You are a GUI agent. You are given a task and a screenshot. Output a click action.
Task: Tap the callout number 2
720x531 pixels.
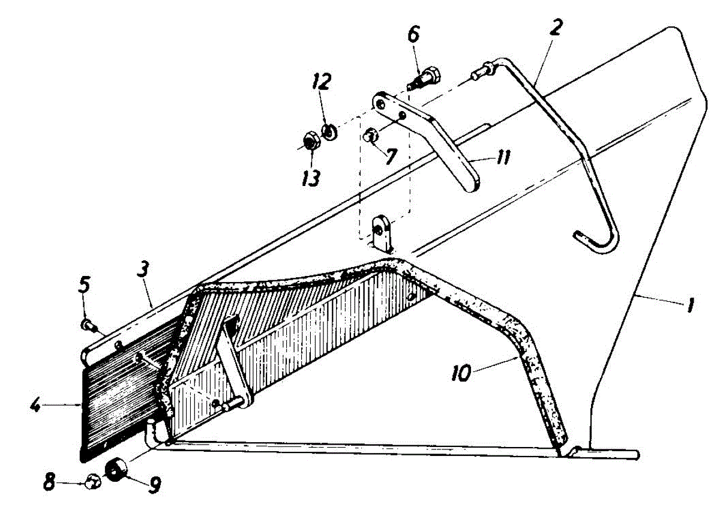pyautogui.click(x=556, y=28)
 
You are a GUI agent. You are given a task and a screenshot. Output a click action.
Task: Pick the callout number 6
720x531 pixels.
pyautogui.click(x=413, y=34)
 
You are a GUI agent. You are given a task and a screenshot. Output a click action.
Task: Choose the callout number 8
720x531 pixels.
pyautogui.click(x=49, y=481)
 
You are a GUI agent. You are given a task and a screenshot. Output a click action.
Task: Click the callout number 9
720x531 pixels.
pyautogui.click(x=154, y=484)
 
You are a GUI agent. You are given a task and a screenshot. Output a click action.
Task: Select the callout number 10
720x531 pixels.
pyautogui.click(x=461, y=374)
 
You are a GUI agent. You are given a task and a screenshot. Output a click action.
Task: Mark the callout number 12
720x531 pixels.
pyautogui.click(x=322, y=82)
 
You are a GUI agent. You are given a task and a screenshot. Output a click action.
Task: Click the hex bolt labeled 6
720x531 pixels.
pyautogui.click(x=424, y=78)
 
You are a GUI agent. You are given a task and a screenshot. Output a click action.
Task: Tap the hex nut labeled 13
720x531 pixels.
pyautogui.click(x=311, y=142)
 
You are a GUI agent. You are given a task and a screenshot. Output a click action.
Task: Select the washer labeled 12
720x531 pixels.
pyautogui.click(x=329, y=132)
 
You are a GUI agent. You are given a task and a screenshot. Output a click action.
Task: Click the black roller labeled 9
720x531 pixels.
pyautogui.click(x=116, y=472)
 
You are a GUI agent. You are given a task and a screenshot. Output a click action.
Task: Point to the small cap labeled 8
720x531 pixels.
pyautogui.click(x=93, y=481)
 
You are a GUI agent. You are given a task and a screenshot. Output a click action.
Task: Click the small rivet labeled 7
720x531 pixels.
pyautogui.click(x=371, y=136)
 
